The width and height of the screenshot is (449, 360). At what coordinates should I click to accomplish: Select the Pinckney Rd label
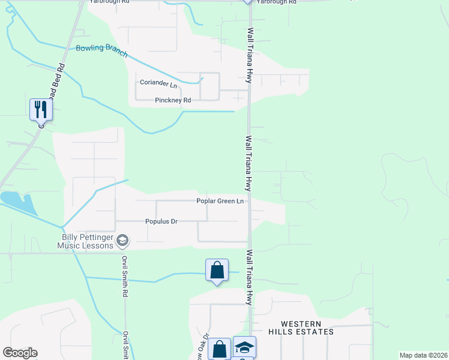coord(173,100)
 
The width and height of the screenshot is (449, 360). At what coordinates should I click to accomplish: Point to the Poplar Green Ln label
coord(220,201)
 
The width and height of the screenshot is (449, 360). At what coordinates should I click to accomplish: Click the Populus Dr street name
coord(161,221)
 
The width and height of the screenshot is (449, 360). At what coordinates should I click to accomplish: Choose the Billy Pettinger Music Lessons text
coord(85,241)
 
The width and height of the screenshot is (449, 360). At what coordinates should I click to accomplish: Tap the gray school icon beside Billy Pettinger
coord(122,241)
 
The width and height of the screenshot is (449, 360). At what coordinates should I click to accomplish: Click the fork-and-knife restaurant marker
coord(41,110)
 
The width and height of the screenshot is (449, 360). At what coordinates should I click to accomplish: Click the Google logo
coord(20,353)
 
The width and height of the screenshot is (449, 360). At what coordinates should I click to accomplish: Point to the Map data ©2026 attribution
coord(423,355)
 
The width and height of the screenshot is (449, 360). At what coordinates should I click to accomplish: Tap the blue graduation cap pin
coord(244,347)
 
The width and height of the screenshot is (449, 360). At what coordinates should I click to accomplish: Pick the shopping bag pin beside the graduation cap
coord(220,349)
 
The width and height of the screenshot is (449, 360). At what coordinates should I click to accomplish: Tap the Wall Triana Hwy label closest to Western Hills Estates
coord(249,278)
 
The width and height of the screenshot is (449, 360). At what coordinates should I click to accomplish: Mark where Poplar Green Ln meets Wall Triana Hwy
coord(250,201)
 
